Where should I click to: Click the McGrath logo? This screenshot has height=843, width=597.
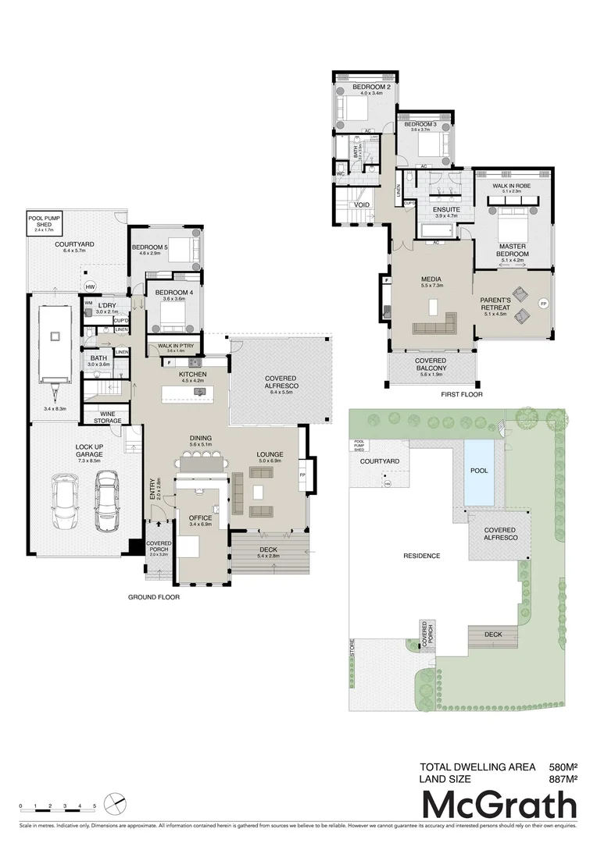[499, 805]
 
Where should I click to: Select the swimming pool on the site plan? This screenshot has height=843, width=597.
[478, 472]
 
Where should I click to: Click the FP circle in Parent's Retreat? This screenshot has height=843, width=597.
[544, 302]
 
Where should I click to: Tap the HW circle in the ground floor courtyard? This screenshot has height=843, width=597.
[89, 285]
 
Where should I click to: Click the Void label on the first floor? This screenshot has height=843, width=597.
[362, 205]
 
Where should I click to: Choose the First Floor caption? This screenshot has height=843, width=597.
[463, 394]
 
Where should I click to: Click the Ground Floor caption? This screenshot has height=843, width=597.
[154, 597]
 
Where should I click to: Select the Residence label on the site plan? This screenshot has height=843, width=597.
[421, 556]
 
